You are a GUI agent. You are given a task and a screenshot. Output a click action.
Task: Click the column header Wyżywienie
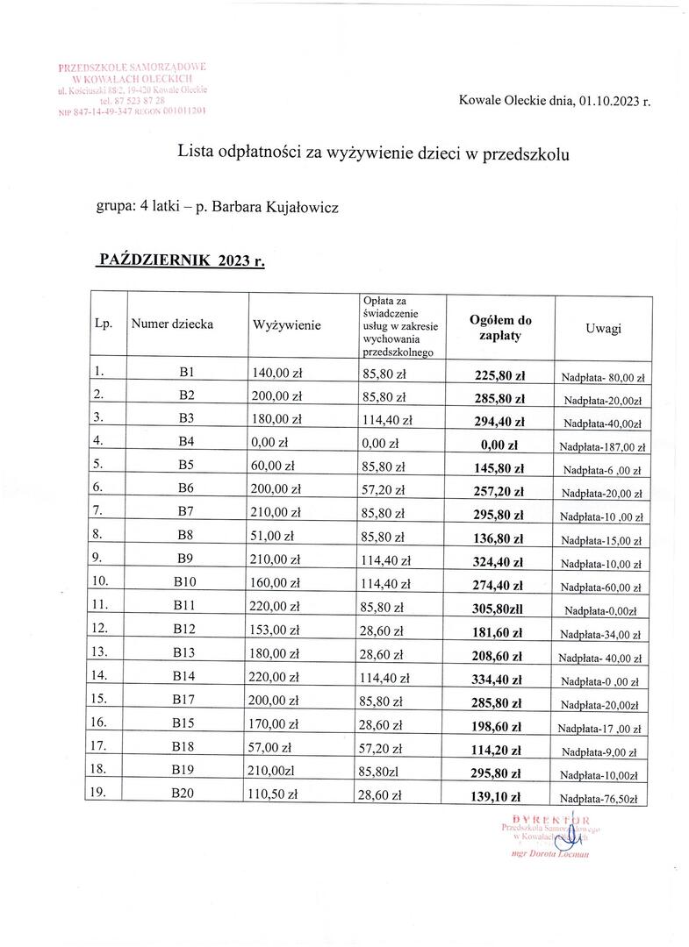point(286,325)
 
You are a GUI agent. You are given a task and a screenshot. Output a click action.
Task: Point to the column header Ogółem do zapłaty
point(500,328)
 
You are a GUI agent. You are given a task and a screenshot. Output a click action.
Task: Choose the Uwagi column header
point(603,328)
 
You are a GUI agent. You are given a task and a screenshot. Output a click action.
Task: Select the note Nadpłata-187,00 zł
point(602,446)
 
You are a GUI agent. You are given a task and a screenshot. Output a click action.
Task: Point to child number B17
point(185,702)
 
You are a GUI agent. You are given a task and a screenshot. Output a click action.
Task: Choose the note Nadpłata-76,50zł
point(602,799)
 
